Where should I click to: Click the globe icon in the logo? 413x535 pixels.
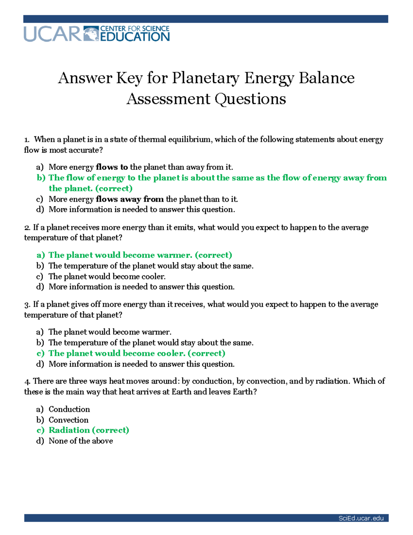pyautogui.click(x=91, y=34)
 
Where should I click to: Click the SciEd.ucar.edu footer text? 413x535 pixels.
pyautogui.click(x=361, y=518)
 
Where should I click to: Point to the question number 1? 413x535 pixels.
pyautogui.click(x=27, y=140)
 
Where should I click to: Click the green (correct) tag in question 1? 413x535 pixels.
pyautogui.click(x=114, y=188)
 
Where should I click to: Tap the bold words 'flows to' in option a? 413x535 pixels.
pyautogui.click(x=112, y=167)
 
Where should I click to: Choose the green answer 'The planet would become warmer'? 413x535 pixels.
pyautogui.click(x=120, y=255)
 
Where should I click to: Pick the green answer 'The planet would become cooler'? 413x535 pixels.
pyautogui.click(x=117, y=353)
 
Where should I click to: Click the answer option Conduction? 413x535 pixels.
pyautogui.click(x=69, y=409)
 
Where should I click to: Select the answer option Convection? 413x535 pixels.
pyautogui.click(x=68, y=420)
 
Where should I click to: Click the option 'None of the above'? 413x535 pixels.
pyautogui.click(x=81, y=441)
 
